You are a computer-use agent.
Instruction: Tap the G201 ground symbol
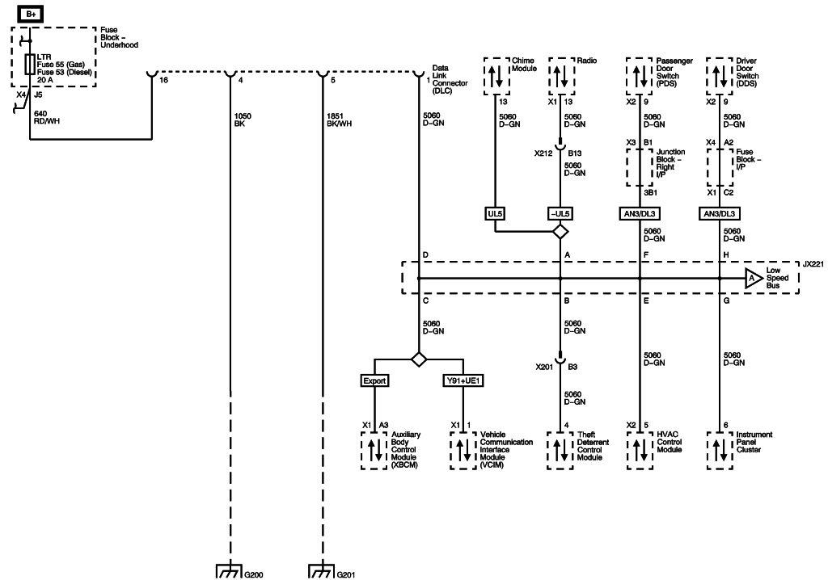[x=322, y=571]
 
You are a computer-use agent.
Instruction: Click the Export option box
[x=375, y=380]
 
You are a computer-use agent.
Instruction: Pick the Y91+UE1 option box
[x=463, y=380]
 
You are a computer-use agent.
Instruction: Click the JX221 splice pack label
[x=813, y=264]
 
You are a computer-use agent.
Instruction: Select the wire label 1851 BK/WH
[x=340, y=120]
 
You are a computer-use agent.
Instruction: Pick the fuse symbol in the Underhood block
[x=29, y=64]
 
